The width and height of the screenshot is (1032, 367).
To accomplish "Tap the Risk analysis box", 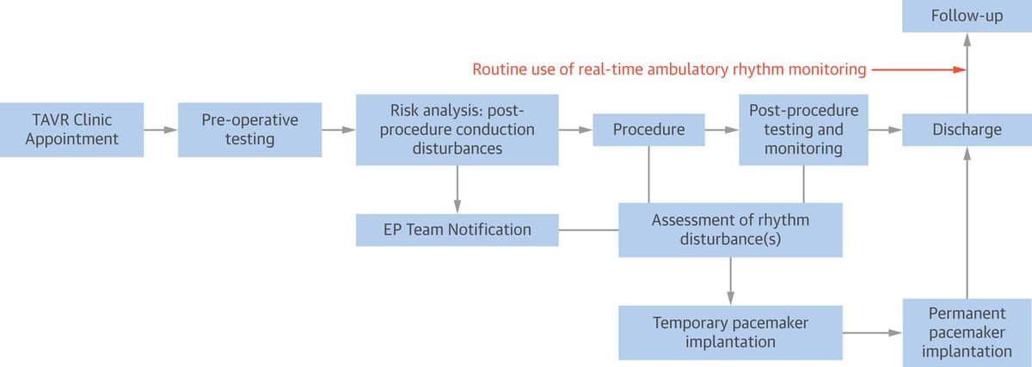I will click(457, 130).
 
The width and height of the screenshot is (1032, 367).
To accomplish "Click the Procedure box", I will click(648, 130).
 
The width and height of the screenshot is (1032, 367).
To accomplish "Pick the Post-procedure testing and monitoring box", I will click(803, 130).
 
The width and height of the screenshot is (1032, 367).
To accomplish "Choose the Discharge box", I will click(967, 130).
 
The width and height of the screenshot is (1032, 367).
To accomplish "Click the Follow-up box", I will click(967, 16).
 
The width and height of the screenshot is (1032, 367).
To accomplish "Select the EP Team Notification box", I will click(457, 229).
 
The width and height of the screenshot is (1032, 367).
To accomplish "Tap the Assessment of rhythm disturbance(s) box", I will click(730, 229).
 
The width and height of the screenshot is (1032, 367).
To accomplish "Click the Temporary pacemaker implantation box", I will click(730, 331).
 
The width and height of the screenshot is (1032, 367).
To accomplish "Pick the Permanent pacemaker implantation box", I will click(967, 331).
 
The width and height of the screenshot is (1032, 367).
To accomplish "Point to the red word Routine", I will click(499, 70).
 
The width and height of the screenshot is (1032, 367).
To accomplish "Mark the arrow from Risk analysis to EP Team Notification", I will click(457, 189).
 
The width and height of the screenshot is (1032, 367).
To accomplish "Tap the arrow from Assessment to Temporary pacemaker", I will click(730, 280).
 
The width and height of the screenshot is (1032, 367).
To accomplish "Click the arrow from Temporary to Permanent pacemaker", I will click(872, 331).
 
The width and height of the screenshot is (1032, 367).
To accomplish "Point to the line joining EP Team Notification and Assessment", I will click(588, 229).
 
